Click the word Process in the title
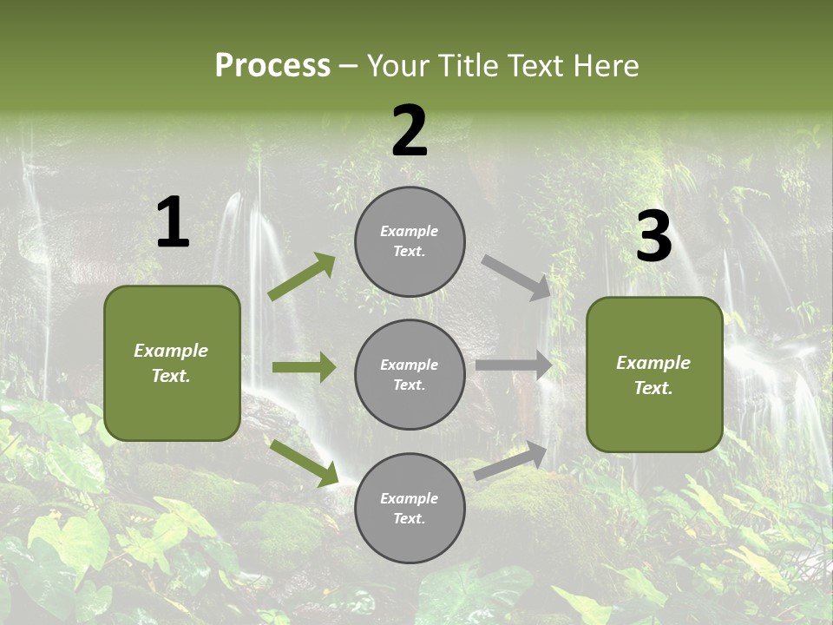pos(272,65)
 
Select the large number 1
pos(173,222)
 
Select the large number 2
pos(410,130)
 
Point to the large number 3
pos(653,237)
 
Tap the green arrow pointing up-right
pos(302,277)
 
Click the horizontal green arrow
pos(304,367)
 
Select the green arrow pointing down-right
pos(304,463)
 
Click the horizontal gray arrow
pos(514,365)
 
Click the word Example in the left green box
pos(171,351)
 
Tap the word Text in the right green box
pos(653,388)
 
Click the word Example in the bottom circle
pos(410,498)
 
